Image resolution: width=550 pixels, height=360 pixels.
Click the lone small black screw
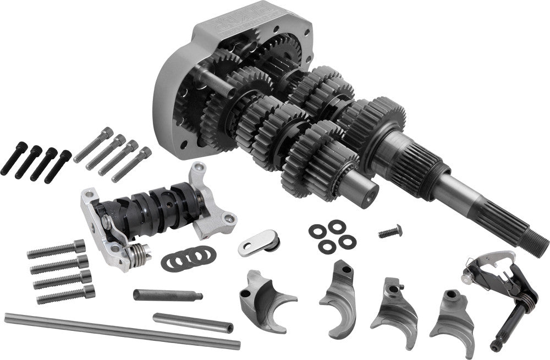(x=390, y=231)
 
